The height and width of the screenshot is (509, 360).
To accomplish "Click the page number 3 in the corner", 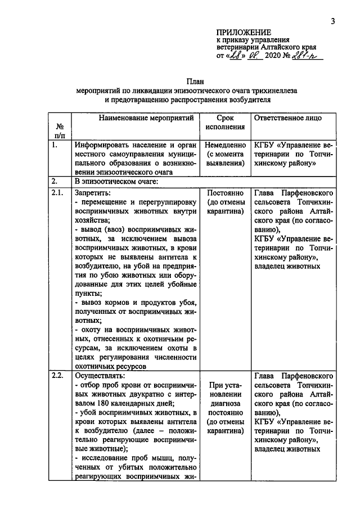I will [x=333, y=22].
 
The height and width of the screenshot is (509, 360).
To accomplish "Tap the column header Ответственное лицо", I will [x=288, y=119].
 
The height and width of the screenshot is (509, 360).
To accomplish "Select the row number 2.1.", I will [x=57, y=192].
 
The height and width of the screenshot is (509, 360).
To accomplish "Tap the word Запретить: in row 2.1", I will [x=91, y=192].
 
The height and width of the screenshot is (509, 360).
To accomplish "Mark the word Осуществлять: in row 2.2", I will [x=97, y=376].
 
